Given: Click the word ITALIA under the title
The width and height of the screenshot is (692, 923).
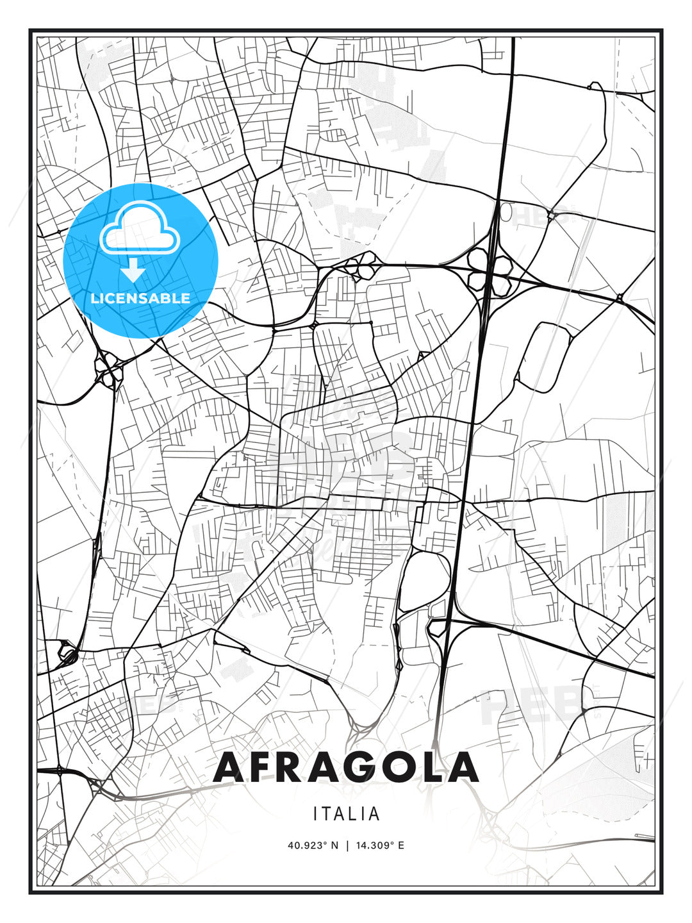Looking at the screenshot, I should pyautogui.click(x=346, y=814).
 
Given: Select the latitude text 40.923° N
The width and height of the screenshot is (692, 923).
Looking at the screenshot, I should pyautogui.click(x=313, y=845).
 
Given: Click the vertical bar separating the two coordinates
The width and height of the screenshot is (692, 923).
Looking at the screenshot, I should pyautogui.click(x=347, y=845).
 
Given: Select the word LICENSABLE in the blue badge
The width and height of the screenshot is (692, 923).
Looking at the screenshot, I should pyautogui.click(x=140, y=298).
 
